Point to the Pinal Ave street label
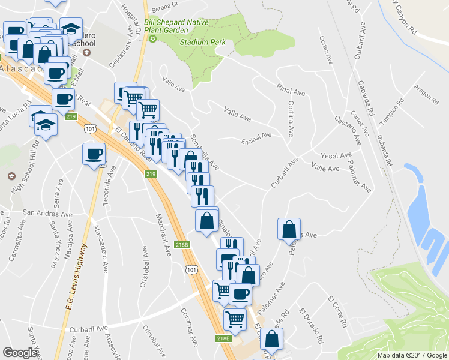click(x=291, y=91)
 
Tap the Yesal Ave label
click(x=336, y=155)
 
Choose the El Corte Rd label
click(x=337, y=311)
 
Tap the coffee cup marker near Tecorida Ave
click(x=94, y=154)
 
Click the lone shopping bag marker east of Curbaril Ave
click(x=289, y=229)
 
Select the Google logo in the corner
click(x=20, y=353)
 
